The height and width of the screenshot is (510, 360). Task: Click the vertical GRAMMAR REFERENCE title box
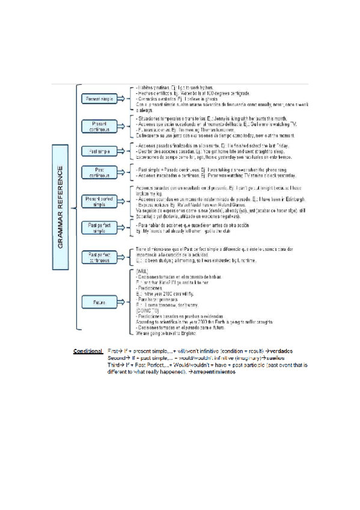pyautogui.click(x=61, y=199)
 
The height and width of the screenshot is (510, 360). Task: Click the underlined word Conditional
pyautogui.click(x=88, y=351)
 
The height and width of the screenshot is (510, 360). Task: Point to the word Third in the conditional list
pyautogui.click(x=114, y=365)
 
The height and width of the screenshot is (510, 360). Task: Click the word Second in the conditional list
pyautogui.click(x=117, y=358)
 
